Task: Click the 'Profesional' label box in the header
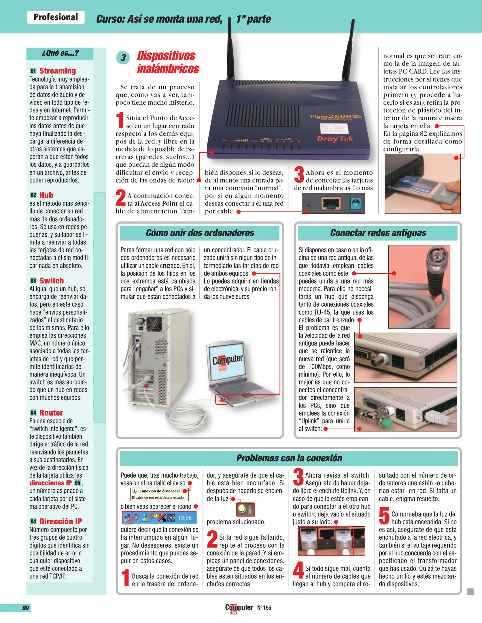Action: tap(56, 17)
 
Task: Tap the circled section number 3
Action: tap(123, 57)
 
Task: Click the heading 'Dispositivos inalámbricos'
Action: tap(168, 62)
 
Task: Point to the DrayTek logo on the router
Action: tap(334, 139)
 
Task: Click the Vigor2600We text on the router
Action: tap(335, 117)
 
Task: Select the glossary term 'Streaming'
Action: tap(57, 71)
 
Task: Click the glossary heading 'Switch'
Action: tap(51, 281)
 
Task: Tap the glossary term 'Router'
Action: tap(51, 413)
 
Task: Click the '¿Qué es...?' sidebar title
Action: tap(60, 53)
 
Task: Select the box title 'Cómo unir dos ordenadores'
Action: tap(200, 233)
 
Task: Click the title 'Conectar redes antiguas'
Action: tap(378, 233)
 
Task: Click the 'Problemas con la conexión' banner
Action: tap(289, 458)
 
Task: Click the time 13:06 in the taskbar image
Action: tap(184, 518)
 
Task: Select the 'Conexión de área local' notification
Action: tap(159, 494)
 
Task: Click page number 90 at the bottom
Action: tap(25, 608)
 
